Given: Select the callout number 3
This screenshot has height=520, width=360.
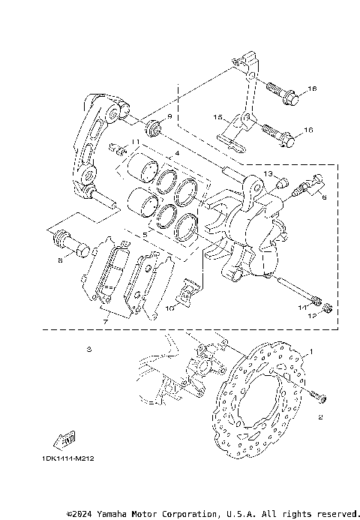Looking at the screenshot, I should pos(88,349).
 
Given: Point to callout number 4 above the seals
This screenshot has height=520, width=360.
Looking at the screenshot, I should pos(177,154).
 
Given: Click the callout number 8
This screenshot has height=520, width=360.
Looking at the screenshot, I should pos(59,261).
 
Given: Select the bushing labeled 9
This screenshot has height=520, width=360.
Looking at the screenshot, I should pos(155,128).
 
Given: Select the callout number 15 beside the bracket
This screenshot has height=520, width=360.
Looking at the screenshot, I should pos(217,118).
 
